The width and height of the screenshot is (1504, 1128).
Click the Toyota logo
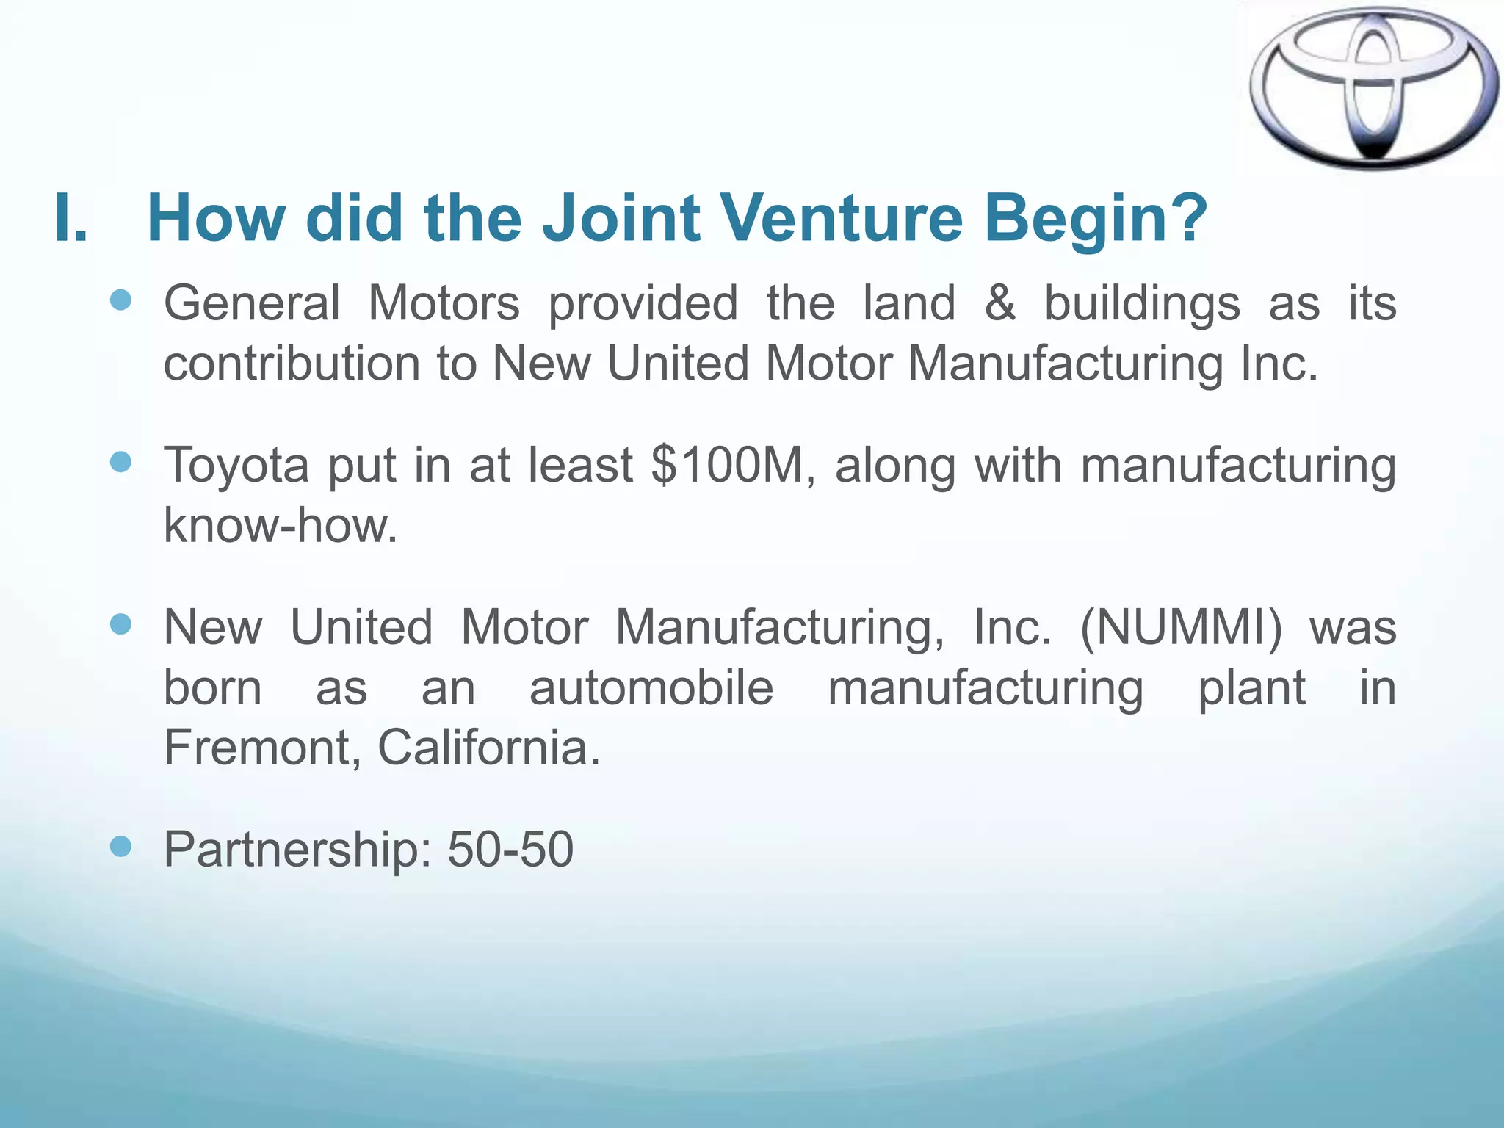coord(1373,88)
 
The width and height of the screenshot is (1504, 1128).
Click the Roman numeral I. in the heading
coord(71,218)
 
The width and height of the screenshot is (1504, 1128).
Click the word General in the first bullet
coord(252,303)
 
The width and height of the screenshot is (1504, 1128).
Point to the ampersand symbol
coord(999,303)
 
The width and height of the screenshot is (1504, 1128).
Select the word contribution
coord(292,364)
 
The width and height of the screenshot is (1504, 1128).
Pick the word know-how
coord(280,526)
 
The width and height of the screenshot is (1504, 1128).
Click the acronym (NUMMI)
coord(1181,629)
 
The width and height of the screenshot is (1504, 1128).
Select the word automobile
coord(651,688)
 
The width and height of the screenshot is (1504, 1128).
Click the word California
coord(488,748)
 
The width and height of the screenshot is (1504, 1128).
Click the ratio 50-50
coord(510,850)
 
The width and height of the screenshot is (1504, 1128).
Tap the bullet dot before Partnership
coord(120,847)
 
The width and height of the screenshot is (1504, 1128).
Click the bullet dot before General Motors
coord(120,300)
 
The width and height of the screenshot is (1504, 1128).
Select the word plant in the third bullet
coord(1251,690)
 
